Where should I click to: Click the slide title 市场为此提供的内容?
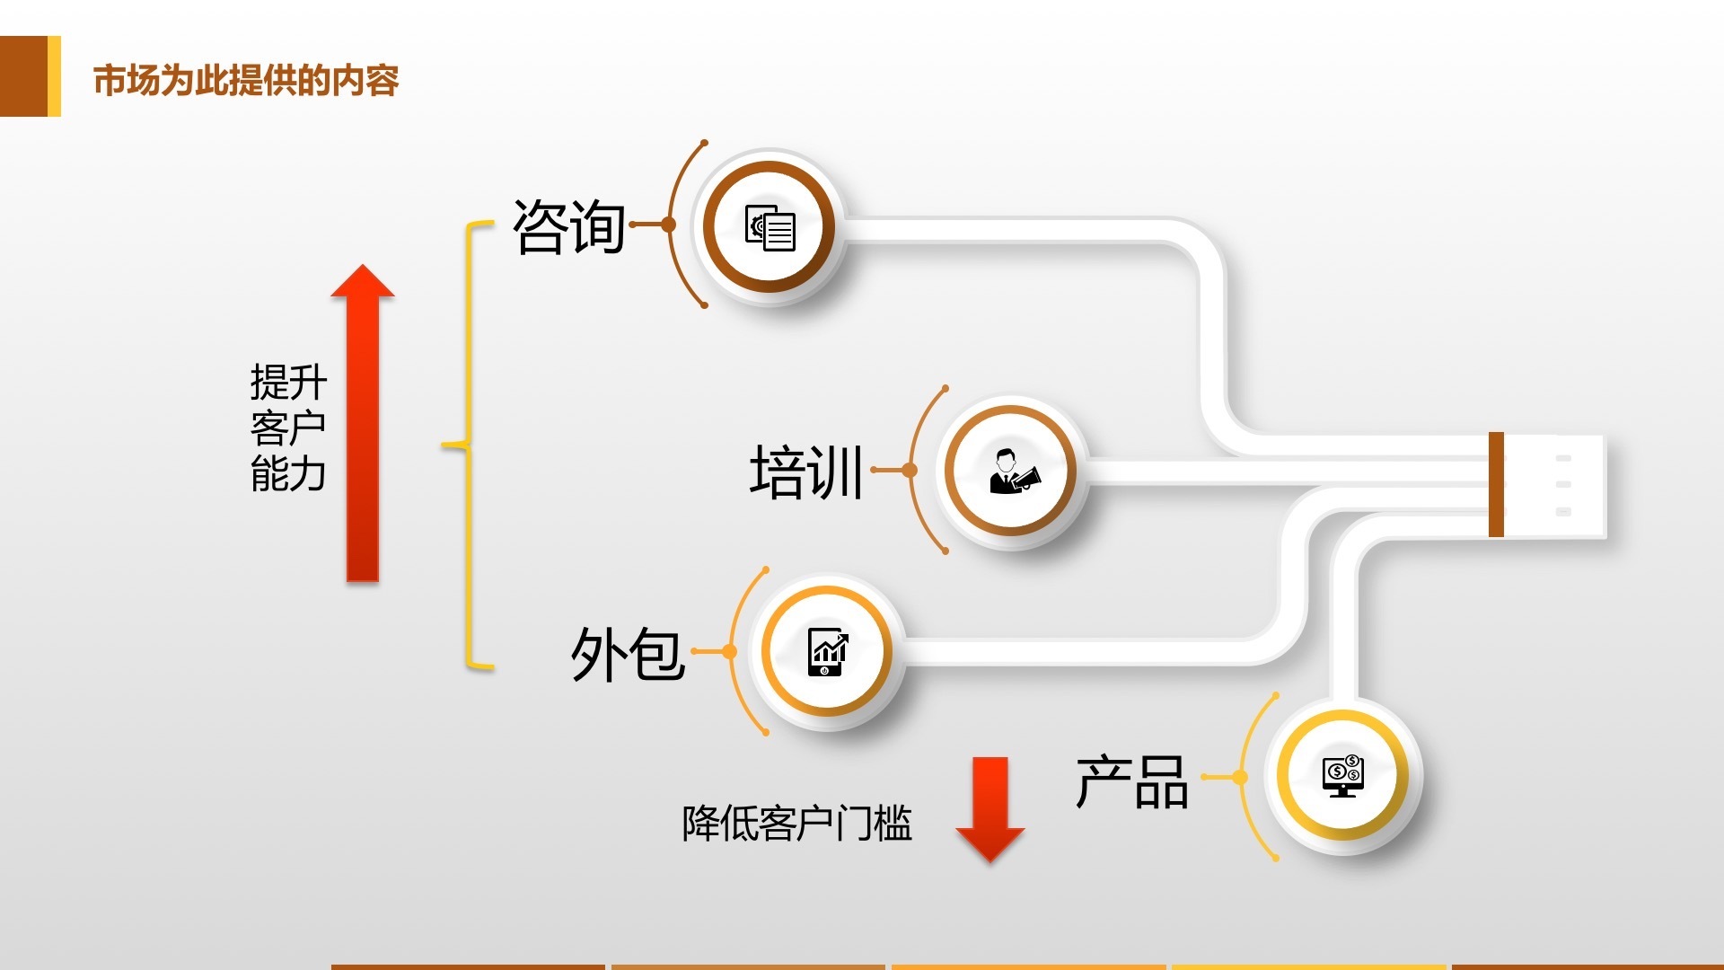(245, 81)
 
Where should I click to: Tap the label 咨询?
(569, 226)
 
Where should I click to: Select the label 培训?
(806, 472)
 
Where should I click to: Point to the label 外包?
(628, 653)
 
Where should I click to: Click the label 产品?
(1132, 781)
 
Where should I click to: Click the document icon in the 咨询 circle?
(770, 227)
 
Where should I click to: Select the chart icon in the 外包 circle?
(827, 651)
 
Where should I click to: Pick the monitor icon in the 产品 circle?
(1343, 775)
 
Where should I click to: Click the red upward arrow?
(363, 422)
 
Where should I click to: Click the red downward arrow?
(990, 808)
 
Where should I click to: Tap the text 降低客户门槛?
(796, 823)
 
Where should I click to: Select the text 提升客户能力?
(287, 428)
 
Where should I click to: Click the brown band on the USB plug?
(1496, 484)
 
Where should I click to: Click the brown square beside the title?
(24, 76)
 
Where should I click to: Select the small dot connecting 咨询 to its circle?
(668, 225)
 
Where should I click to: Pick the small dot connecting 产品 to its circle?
(1240, 777)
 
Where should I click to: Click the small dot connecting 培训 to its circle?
(910, 470)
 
